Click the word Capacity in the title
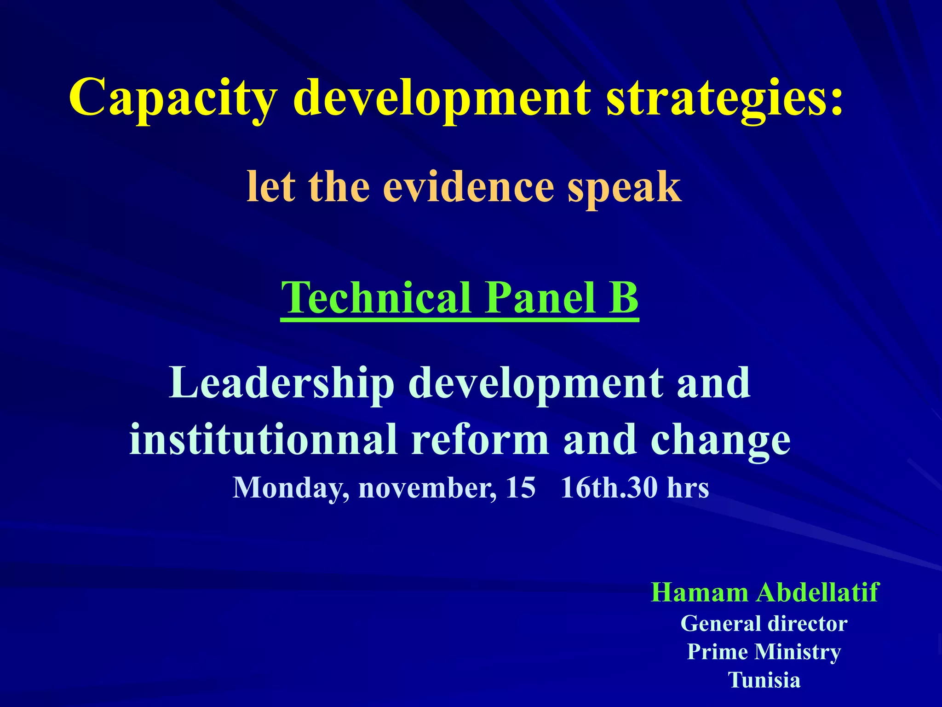[x=173, y=98]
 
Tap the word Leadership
[x=281, y=383]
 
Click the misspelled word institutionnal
[x=263, y=440]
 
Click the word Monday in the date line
[x=290, y=488]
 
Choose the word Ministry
[x=798, y=652]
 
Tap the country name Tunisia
[x=764, y=680]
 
